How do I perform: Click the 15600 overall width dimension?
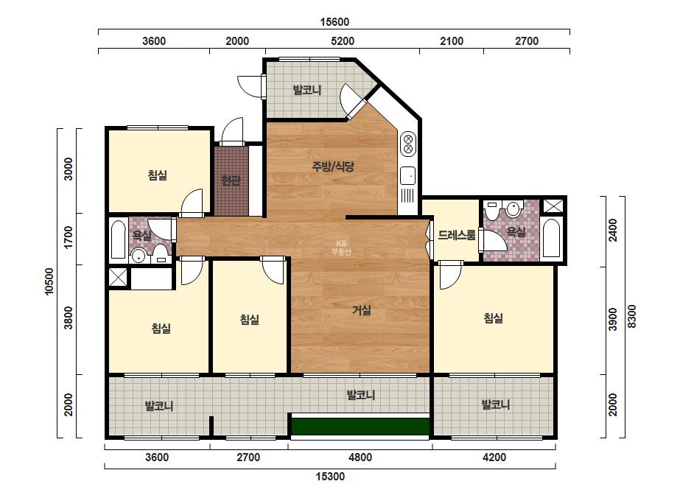click(334, 21)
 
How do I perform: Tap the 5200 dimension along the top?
click(343, 41)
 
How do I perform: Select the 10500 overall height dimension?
click(49, 281)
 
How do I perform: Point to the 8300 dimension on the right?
click(632, 316)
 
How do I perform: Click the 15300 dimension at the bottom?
click(330, 477)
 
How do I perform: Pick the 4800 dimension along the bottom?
click(360, 457)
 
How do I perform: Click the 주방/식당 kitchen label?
click(333, 166)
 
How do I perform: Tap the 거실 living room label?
click(362, 310)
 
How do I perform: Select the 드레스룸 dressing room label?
click(456, 235)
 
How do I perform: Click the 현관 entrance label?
click(231, 180)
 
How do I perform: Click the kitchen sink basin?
click(407, 175)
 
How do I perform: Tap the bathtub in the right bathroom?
click(552, 238)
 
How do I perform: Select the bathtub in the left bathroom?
click(119, 240)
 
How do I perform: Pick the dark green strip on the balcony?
click(360, 427)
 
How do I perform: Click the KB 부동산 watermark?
click(341, 248)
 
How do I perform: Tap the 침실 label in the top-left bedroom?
click(158, 175)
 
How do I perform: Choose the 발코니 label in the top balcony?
click(307, 90)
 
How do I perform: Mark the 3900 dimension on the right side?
click(612, 319)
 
